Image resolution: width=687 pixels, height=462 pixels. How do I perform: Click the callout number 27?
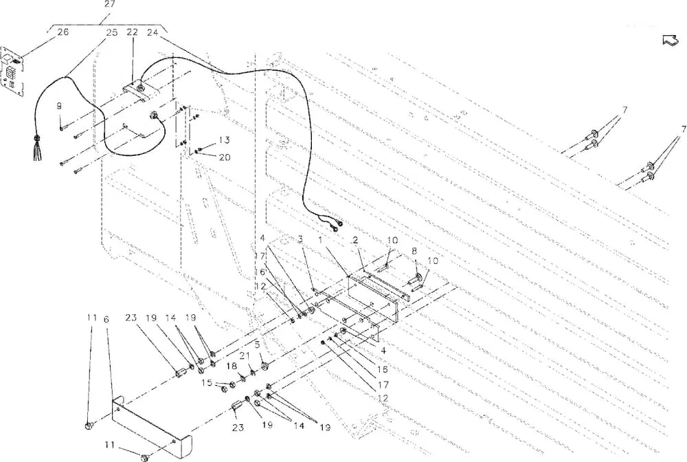coord(109,4)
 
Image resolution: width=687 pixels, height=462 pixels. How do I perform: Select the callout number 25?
coord(112,32)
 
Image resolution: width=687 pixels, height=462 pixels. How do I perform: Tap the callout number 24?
coord(153,32)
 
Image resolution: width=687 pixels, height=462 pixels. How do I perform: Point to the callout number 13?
coord(225,140)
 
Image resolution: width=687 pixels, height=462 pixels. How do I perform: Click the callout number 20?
coord(225,157)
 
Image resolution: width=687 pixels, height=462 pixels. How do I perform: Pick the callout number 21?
coord(244,355)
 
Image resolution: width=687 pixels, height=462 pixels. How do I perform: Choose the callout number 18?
coord(232,366)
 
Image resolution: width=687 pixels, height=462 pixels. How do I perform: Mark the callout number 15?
coord(207,383)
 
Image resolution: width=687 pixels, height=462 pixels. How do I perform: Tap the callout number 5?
coord(257,345)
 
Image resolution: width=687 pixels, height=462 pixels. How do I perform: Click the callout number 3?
coord(301,239)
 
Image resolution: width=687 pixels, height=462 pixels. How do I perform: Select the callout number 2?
coord(355,240)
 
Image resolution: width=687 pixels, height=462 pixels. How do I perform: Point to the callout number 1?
coord(320,239)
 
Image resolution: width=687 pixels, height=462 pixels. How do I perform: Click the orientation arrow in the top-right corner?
coord(669,40)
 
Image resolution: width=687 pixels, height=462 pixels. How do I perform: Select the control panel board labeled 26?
coord(12,71)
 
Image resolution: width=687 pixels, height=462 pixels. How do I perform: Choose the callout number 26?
coord(63,32)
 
